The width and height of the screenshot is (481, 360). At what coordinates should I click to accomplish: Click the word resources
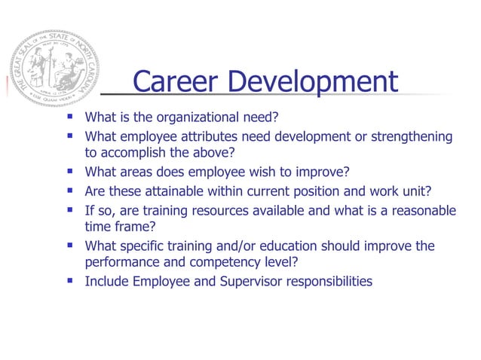tap(223, 209)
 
